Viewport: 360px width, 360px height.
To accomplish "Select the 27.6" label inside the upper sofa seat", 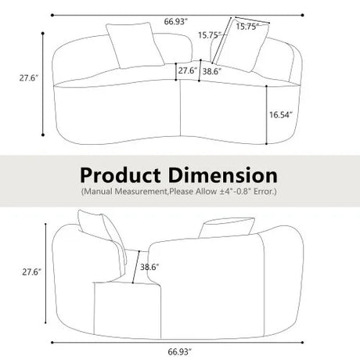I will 186,70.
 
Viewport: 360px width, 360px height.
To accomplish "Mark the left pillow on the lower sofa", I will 104,232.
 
